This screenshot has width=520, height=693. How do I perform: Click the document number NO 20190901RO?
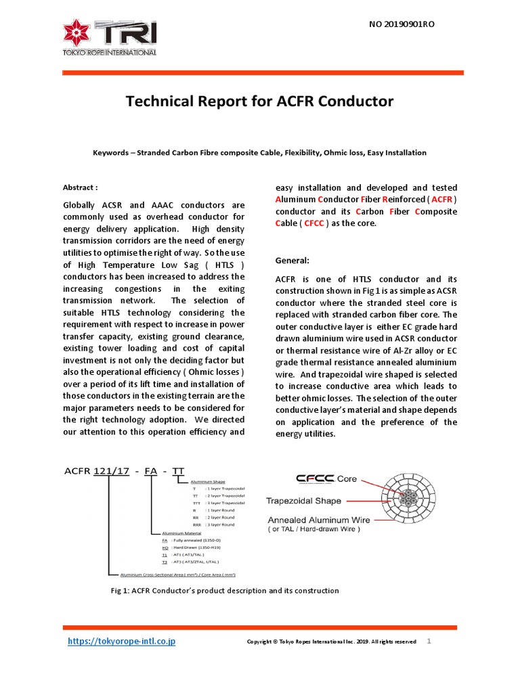[x=401, y=24]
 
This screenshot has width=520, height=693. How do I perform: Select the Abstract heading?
[x=80, y=187]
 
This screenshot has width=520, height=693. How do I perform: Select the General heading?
[x=292, y=261]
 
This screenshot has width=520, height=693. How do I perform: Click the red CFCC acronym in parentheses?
[x=313, y=224]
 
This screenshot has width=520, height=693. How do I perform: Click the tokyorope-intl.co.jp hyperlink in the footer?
[x=122, y=641]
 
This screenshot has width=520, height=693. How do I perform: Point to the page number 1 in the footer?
[x=429, y=641]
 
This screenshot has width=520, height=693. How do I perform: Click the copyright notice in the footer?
[x=331, y=642]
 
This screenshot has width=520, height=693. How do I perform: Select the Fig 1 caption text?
[x=224, y=591]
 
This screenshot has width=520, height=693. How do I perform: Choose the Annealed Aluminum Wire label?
[x=318, y=520]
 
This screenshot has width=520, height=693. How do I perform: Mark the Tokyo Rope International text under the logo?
[x=110, y=52]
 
